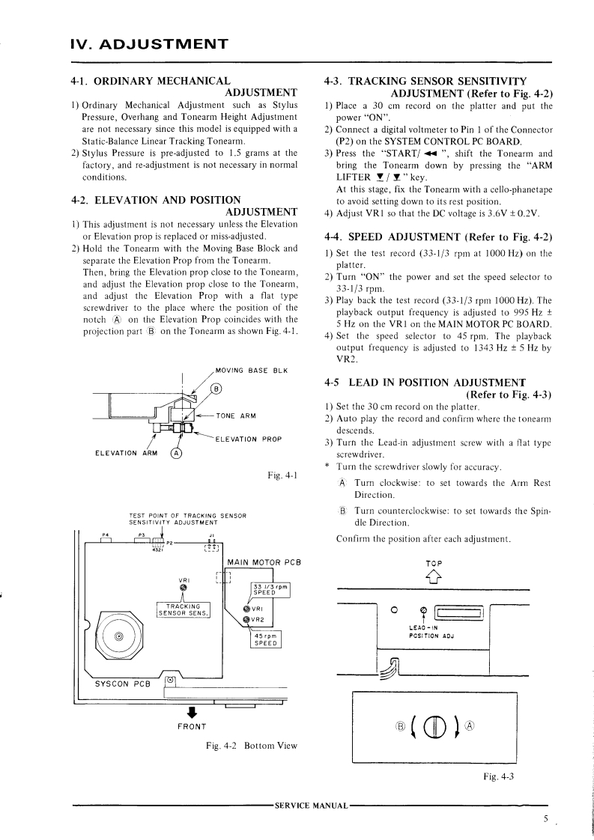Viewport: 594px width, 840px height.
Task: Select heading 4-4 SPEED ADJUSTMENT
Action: click(x=438, y=237)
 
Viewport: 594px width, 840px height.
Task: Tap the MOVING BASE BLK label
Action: click(x=251, y=370)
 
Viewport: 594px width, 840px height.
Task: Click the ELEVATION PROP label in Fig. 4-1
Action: click(x=248, y=439)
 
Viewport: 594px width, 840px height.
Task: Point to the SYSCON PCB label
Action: click(x=122, y=684)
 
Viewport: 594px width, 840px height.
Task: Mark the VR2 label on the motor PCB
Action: click(x=257, y=619)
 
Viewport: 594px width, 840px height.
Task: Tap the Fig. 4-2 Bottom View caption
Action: click(x=252, y=746)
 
